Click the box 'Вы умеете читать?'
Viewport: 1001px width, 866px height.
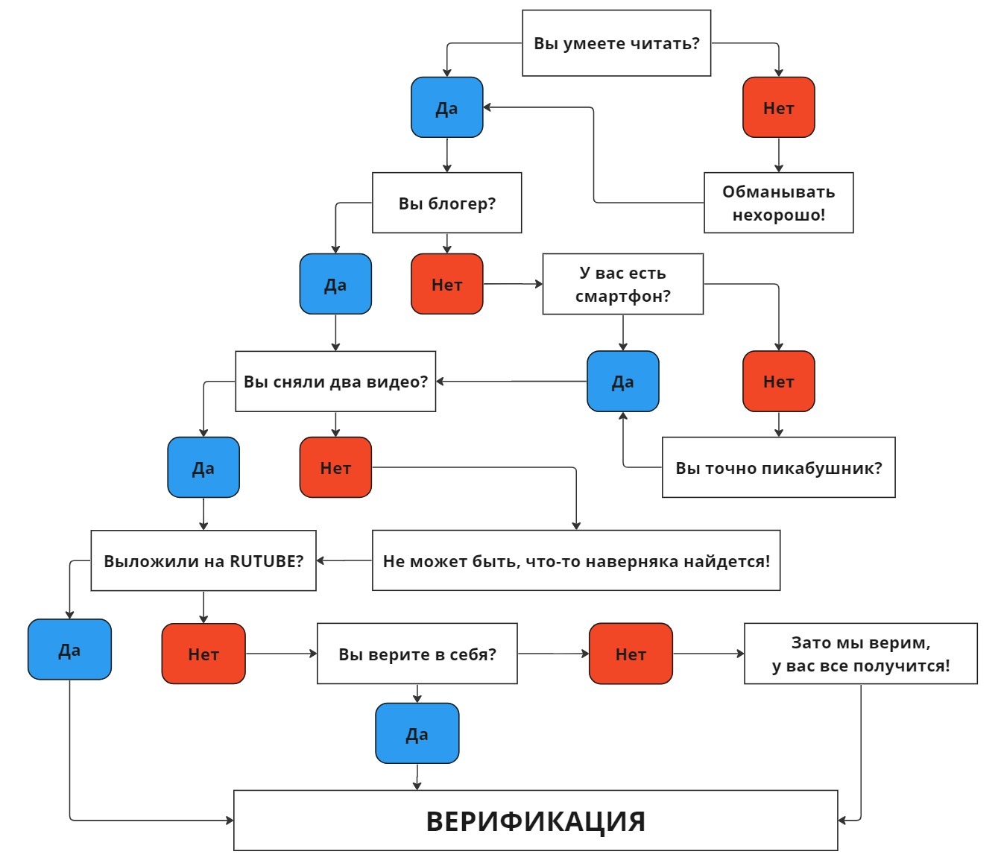click(x=616, y=43)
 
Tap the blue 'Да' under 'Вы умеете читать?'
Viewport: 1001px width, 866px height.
click(x=447, y=107)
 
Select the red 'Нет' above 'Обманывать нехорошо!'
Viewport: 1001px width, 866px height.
click(x=778, y=107)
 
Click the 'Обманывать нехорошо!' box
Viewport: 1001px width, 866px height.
click(x=778, y=203)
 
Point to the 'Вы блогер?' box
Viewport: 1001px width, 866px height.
click(x=446, y=203)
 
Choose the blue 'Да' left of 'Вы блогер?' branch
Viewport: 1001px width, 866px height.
click(x=335, y=284)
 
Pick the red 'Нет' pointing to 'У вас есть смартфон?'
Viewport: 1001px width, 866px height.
click(x=447, y=284)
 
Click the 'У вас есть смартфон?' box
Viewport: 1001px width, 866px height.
click(x=622, y=284)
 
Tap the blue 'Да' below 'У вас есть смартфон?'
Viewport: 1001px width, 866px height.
click(x=622, y=382)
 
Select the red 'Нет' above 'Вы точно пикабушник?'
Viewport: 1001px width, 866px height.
click(x=778, y=382)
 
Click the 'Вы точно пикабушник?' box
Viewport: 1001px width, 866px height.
click(x=778, y=467)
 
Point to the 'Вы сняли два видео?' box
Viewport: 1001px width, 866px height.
click(x=335, y=382)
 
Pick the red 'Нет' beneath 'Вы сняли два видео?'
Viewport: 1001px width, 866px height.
click(x=335, y=467)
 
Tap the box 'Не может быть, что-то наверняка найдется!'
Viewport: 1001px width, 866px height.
click(x=575, y=561)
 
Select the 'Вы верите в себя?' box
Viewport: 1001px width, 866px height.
click(x=417, y=654)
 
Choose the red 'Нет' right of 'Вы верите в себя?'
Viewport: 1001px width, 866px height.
click(x=631, y=654)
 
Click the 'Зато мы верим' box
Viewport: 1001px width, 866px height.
click(x=860, y=654)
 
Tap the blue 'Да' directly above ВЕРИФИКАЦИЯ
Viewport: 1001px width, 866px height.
click(x=417, y=733)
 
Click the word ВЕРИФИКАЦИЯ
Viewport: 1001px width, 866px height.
click(x=535, y=821)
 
